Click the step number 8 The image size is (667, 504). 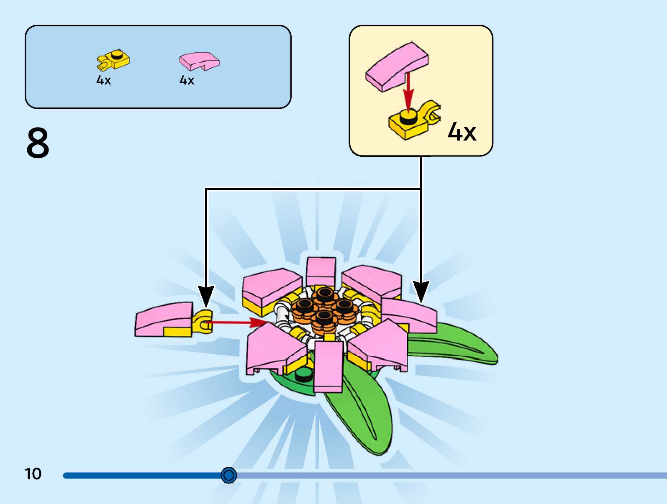[38, 143]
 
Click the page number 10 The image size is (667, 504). [33, 474]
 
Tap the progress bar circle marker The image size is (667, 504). [228, 475]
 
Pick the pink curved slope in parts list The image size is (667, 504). [200, 61]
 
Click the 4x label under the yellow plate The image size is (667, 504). [103, 80]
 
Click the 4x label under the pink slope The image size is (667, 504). [187, 80]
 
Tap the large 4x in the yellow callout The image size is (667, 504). [462, 132]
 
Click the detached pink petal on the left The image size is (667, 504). [164, 319]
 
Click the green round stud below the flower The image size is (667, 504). [304, 375]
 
